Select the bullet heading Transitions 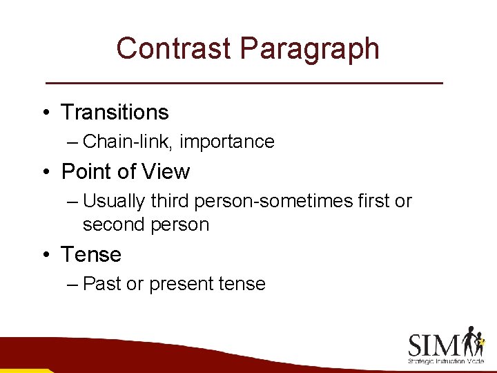tap(115, 112)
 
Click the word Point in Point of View tap(85, 171)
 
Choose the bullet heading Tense tap(91, 254)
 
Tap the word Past tap(101, 284)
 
